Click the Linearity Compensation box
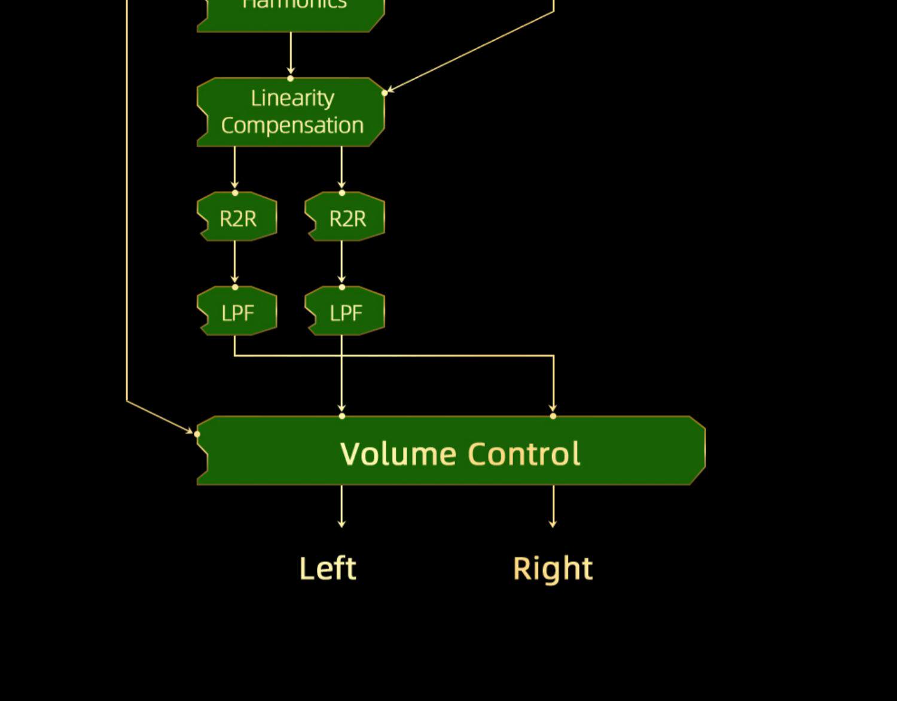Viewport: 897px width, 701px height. pos(291,112)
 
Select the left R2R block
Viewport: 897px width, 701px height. pos(237,217)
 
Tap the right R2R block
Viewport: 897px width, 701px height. pos(346,217)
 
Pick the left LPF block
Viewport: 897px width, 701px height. pos(237,311)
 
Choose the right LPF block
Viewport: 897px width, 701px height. pos(346,311)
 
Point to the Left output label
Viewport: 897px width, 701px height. pos(328,568)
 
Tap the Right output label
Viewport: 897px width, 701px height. pos(553,568)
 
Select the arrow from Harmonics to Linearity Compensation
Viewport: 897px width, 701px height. pos(291,54)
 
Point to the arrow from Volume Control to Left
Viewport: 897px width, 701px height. pos(341,506)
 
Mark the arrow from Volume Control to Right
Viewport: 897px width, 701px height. pos(553,506)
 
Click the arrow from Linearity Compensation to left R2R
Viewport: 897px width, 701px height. pos(234,169)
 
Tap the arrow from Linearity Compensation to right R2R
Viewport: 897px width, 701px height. pos(341,169)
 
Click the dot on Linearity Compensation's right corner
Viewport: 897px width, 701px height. pos(385,93)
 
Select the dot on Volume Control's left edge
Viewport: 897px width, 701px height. pos(197,434)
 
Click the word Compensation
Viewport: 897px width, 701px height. pos(292,126)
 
